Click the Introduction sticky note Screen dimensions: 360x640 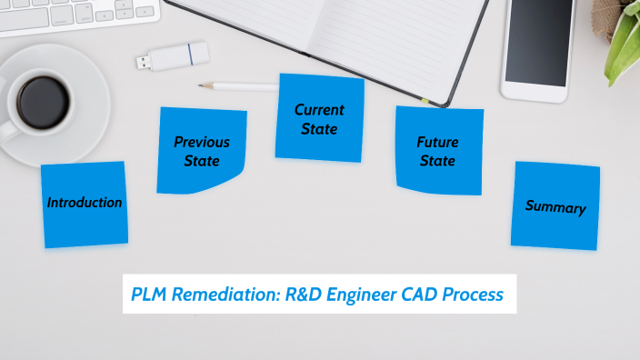pos(85,204)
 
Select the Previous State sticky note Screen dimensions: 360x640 pos(201,151)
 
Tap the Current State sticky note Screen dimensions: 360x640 pos(319,119)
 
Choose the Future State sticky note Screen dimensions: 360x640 pos(438,152)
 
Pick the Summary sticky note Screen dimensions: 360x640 pos(555,206)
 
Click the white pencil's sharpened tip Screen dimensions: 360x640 pos(203,86)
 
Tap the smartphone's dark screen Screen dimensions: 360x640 pos(540,42)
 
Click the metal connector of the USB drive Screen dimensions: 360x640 pos(144,62)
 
